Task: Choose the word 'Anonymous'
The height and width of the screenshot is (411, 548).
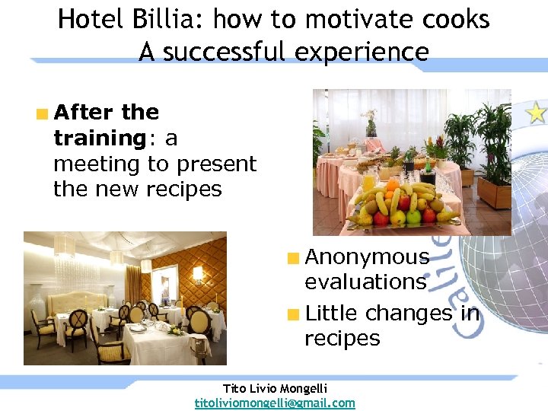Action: (x=367, y=257)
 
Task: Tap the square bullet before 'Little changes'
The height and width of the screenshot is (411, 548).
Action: (x=293, y=314)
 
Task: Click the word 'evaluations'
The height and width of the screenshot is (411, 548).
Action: (x=365, y=282)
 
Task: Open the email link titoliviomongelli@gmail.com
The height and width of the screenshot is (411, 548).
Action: (x=275, y=403)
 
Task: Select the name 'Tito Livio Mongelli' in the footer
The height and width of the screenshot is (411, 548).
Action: (x=275, y=388)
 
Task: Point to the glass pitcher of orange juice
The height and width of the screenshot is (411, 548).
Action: (x=369, y=183)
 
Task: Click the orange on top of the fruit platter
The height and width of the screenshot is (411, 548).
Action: (x=393, y=184)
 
